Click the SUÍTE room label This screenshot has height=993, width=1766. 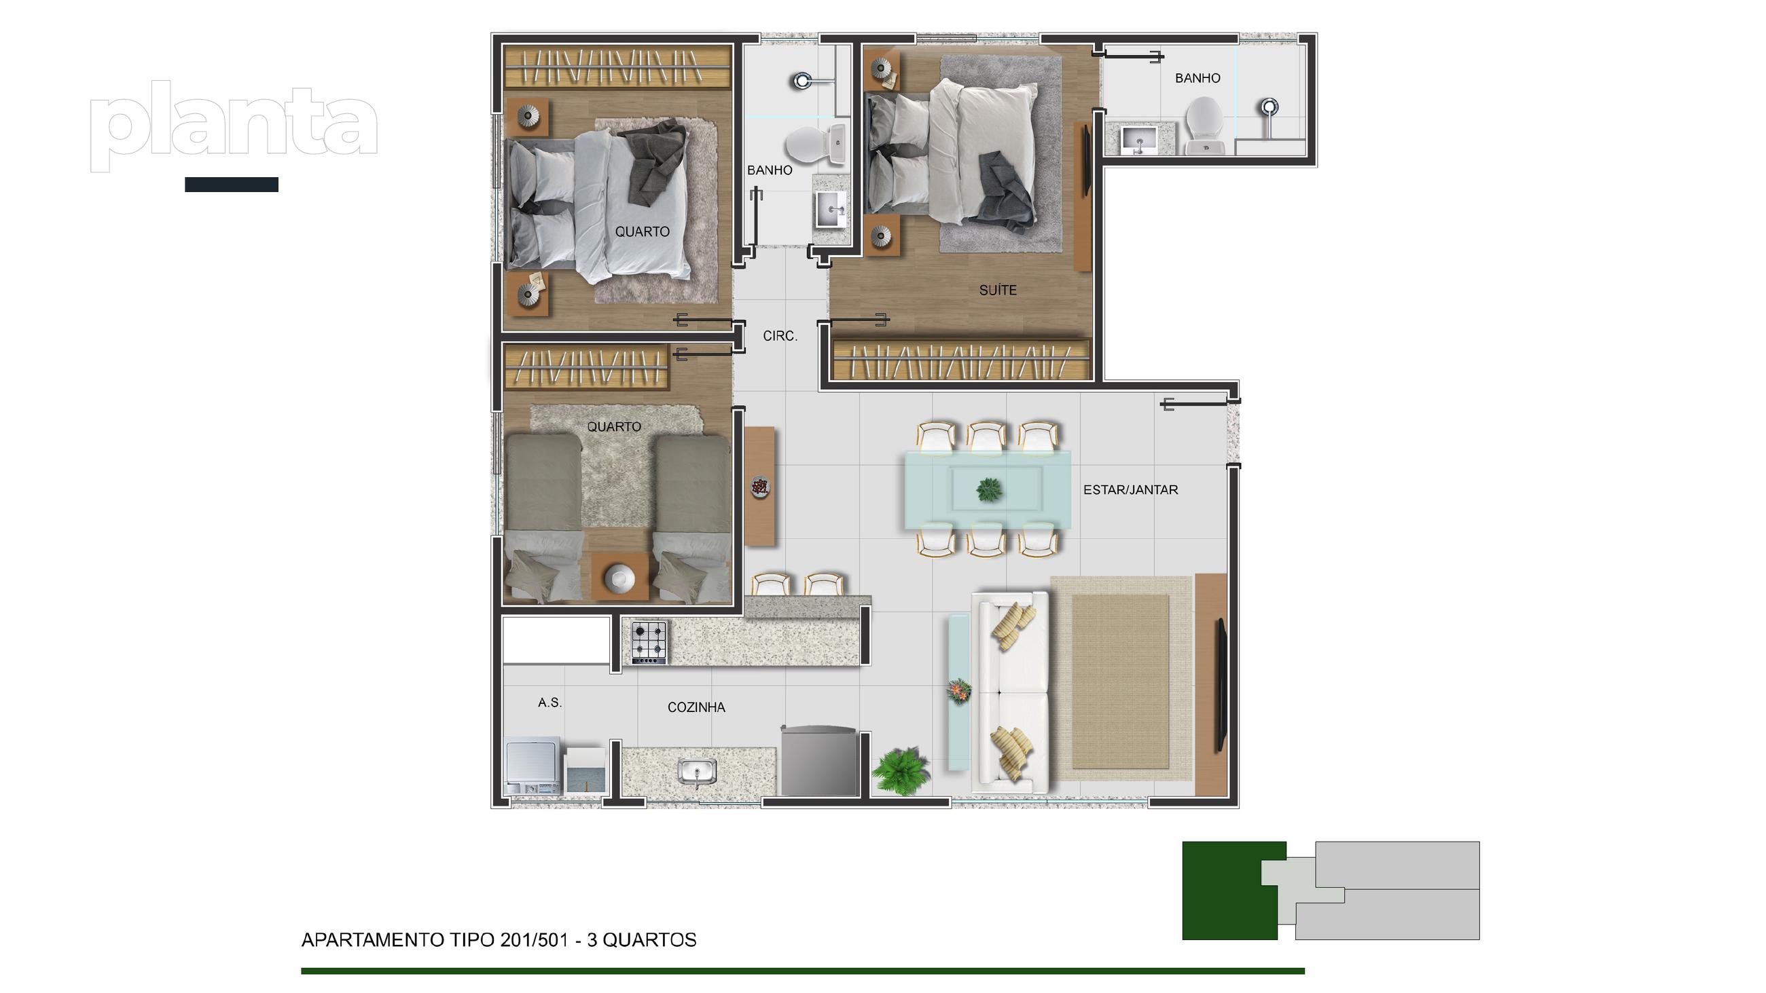point(998,290)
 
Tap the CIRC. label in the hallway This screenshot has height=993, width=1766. point(780,336)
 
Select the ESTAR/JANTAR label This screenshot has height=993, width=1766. point(1130,490)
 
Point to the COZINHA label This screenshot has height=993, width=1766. point(696,707)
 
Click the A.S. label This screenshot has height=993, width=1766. point(549,702)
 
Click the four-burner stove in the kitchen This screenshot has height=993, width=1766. point(649,641)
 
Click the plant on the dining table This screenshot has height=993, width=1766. point(988,489)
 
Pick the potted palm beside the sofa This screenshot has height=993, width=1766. point(900,771)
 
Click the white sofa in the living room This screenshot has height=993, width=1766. point(1010,688)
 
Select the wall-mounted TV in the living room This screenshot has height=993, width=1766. point(1221,686)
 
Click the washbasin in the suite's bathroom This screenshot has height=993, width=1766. point(1138,139)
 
